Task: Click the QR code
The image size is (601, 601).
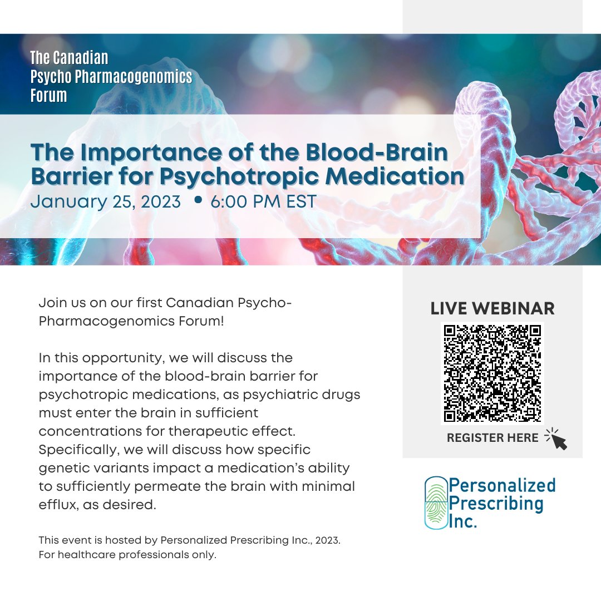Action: (x=492, y=373)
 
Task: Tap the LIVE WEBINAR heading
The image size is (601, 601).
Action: (x=492, y=309)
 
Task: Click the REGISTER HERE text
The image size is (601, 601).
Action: (x=492, y=438)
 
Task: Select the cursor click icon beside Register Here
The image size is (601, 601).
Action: (x=556, y=439)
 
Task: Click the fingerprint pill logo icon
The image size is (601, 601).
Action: (x=436, y=503)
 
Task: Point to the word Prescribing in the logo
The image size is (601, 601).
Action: (x=496, y=504)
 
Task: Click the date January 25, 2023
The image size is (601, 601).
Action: (x=106, y=201)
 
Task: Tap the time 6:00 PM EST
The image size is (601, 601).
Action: (x=263, y=201)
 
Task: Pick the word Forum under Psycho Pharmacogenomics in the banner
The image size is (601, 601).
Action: (x=49, y=96)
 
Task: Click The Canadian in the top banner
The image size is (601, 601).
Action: (x=70, y=58)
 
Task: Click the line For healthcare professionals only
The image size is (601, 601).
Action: (x=127, y=555)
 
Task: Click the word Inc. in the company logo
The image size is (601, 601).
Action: (x=463, y=522)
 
